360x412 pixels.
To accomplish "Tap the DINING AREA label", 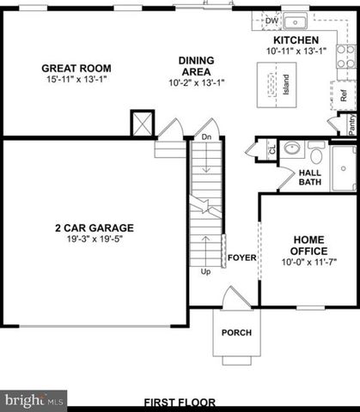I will tap(196, 66).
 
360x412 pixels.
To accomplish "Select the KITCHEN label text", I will tap(296, 40).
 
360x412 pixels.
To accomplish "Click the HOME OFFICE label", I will tap(309, 245).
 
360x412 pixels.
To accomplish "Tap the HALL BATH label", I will tap(310, 177).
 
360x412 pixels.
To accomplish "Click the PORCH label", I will tap(236, 332).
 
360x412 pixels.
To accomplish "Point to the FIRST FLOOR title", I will tap(180, 402).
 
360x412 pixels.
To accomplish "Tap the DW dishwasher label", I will tap(272, 21).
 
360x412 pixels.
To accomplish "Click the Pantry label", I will tap(352, 125).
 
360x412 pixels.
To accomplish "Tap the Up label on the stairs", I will tap(205, 272).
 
